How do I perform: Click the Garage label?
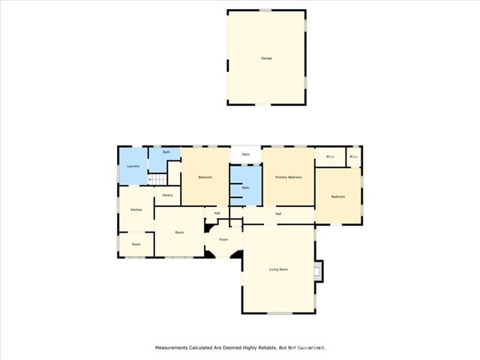coord(266,58)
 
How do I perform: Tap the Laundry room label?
coord(133,166)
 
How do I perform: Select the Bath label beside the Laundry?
coord(166,152)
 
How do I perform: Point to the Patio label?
coord(245,154)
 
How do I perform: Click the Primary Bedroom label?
coord(288,177)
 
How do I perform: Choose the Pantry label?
coord(168,195)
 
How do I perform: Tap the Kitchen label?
coord(136,209)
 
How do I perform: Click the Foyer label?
coord(223,239)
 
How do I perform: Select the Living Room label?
coord(278,268)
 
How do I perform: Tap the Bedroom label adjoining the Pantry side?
coord(205,177)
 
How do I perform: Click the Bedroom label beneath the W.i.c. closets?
coord(338,196)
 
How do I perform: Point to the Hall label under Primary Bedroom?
coord(277,214)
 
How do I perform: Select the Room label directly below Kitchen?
coord(136,244)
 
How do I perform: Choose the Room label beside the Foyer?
coord(180,232)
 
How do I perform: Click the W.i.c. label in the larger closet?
coord(330,156)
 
